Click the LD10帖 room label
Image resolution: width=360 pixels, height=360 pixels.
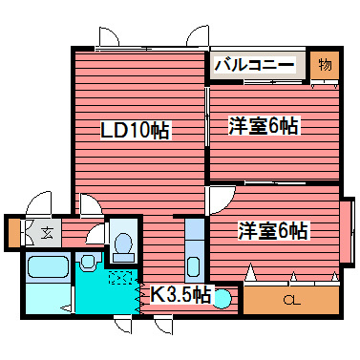pyautogui.click(x=136, y=131)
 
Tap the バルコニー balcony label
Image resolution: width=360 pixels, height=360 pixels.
pyautogui.click(x=258, y=66)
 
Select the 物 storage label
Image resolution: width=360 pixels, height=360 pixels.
pyautogui.click(x=325, y=65)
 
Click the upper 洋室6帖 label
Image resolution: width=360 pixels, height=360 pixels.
pyautogui.click(x=264, y=125)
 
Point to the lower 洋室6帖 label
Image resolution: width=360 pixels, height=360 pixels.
pyautogui.click(x=273, y=230)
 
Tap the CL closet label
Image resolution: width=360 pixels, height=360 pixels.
pyautogui.click(x=288, y=303)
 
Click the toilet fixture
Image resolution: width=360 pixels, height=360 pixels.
pyautogui.click(x=122, y=244)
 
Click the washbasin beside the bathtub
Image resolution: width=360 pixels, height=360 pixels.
pyautogui.click(x=89, y=261)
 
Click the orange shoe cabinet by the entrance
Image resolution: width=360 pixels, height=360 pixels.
pyautogui.click(x=12, y=232)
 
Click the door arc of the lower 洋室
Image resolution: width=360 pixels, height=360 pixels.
pyautogui.click(x=220, y=199)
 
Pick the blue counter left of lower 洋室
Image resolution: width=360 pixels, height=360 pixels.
pyautogui.click(x=194, y=248)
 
